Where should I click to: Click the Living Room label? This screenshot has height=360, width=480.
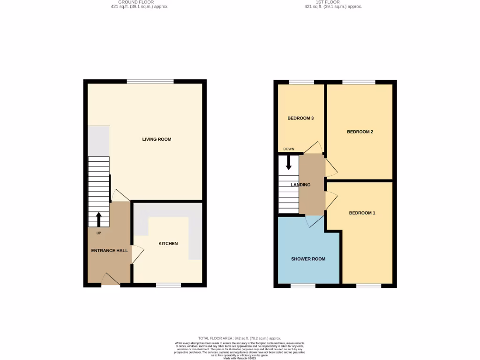157,139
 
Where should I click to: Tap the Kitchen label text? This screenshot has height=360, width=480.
168,244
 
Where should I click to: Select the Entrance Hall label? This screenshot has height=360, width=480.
109,251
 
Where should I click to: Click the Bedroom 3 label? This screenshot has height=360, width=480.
300,118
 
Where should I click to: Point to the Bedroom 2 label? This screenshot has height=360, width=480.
360,132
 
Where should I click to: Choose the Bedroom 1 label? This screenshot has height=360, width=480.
362,213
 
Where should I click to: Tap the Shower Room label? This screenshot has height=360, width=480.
308,259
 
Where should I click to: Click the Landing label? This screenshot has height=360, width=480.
300,185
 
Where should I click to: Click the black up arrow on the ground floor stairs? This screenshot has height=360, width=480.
98,219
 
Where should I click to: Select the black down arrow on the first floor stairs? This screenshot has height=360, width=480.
289,162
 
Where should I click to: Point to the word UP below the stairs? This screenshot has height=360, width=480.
98,233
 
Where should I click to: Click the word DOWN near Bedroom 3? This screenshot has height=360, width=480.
289,150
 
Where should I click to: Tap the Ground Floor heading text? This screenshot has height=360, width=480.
136,2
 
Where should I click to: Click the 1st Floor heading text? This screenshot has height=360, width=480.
333,2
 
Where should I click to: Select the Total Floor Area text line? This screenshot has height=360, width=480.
240,338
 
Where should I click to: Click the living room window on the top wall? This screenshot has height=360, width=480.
150,82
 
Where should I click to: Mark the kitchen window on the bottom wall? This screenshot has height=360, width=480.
168,285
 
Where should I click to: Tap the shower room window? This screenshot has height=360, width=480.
303,285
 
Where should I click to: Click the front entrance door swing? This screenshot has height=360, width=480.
111,279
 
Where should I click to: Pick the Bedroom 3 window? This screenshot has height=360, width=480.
301,82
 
